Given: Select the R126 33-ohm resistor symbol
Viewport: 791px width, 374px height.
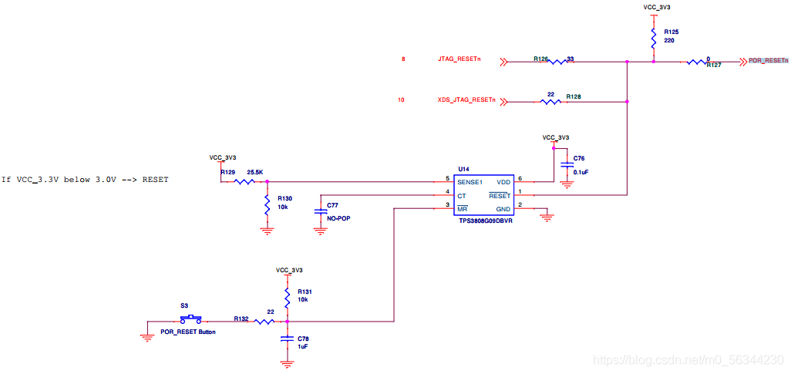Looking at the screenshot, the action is coord(557,62).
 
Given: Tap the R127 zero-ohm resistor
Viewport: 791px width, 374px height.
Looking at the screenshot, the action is coord(697,62).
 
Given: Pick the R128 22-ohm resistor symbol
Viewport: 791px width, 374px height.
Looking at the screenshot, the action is coord(550,102).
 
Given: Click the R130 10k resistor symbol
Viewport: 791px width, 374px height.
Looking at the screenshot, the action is coord(267,206).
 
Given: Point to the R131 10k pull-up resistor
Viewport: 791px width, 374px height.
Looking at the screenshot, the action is coord(287,298).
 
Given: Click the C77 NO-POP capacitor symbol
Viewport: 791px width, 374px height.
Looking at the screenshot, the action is coord(320,211).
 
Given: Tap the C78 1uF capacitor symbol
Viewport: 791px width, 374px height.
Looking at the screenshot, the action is coord(287,339).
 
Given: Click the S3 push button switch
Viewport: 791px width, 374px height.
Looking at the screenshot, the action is coord(190,319).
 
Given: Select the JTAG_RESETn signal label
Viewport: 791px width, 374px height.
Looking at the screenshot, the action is coord(459,59).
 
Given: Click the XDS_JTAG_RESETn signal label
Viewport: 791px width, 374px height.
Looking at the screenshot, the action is coord(466,100).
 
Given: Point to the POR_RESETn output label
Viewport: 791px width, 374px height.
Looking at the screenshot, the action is coord(767,61).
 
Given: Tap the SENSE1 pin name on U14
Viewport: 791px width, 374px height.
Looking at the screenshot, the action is coord(470,182).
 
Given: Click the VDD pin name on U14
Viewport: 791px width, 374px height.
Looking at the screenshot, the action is coord(503,182).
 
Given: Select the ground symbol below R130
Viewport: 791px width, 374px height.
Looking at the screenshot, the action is coord(267,231).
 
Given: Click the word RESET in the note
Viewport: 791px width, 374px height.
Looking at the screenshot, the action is coord(156,179).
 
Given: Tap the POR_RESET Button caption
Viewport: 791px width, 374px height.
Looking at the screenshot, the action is coord(187,332).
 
